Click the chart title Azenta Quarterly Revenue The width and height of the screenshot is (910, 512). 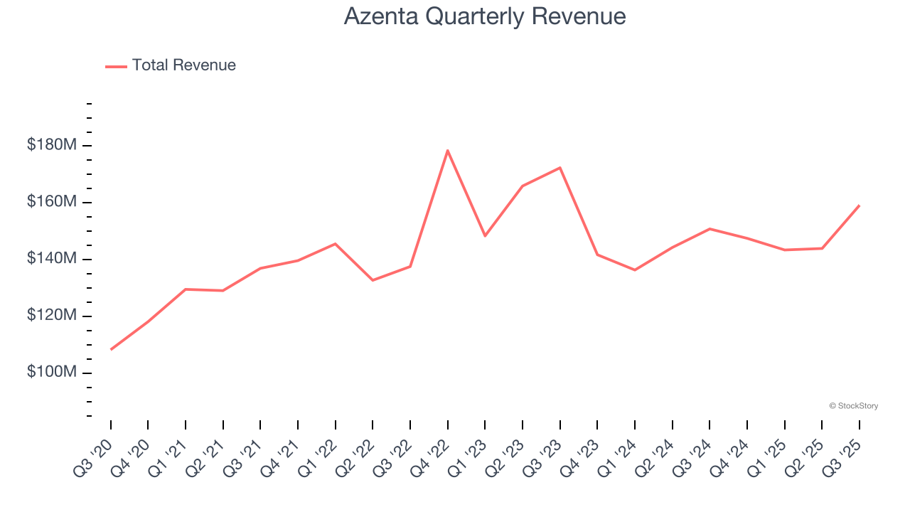point(485,16)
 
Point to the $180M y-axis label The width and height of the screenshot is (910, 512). point(51,145)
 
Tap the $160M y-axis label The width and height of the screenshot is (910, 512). point(51,202)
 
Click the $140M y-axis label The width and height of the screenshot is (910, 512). point(51,259)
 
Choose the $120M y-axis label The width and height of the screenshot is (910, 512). point(51,316)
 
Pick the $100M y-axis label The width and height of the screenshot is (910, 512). point(51,373)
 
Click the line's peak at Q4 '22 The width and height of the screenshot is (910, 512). point(448,150)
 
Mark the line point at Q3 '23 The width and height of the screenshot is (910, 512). point(560,168)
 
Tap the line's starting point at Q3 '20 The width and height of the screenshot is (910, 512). point(111,349)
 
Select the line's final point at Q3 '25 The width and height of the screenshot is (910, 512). point(860,206)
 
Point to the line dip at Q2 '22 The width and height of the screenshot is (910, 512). point(373,280)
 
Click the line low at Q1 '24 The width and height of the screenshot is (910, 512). point(635,270)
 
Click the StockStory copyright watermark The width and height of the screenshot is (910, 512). point(853,406)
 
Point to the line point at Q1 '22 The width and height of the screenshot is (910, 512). point(336,244)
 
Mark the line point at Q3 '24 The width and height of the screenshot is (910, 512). point(710,229)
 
